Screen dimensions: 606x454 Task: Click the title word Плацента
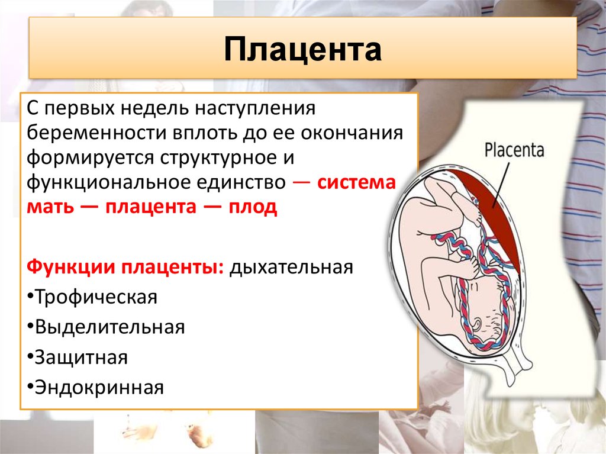302,50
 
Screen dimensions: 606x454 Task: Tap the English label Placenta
514,150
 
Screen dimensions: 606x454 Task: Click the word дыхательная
291,267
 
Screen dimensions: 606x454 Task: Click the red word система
357,182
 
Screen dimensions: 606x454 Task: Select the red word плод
253,207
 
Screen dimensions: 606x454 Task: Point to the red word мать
50,207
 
